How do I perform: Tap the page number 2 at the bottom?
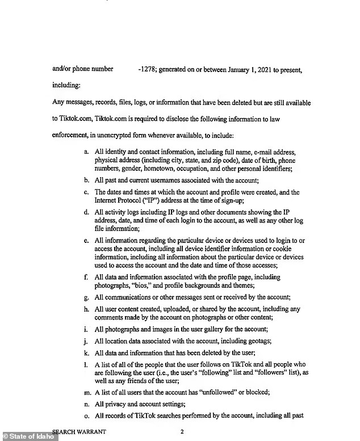(x=182, y=432)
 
